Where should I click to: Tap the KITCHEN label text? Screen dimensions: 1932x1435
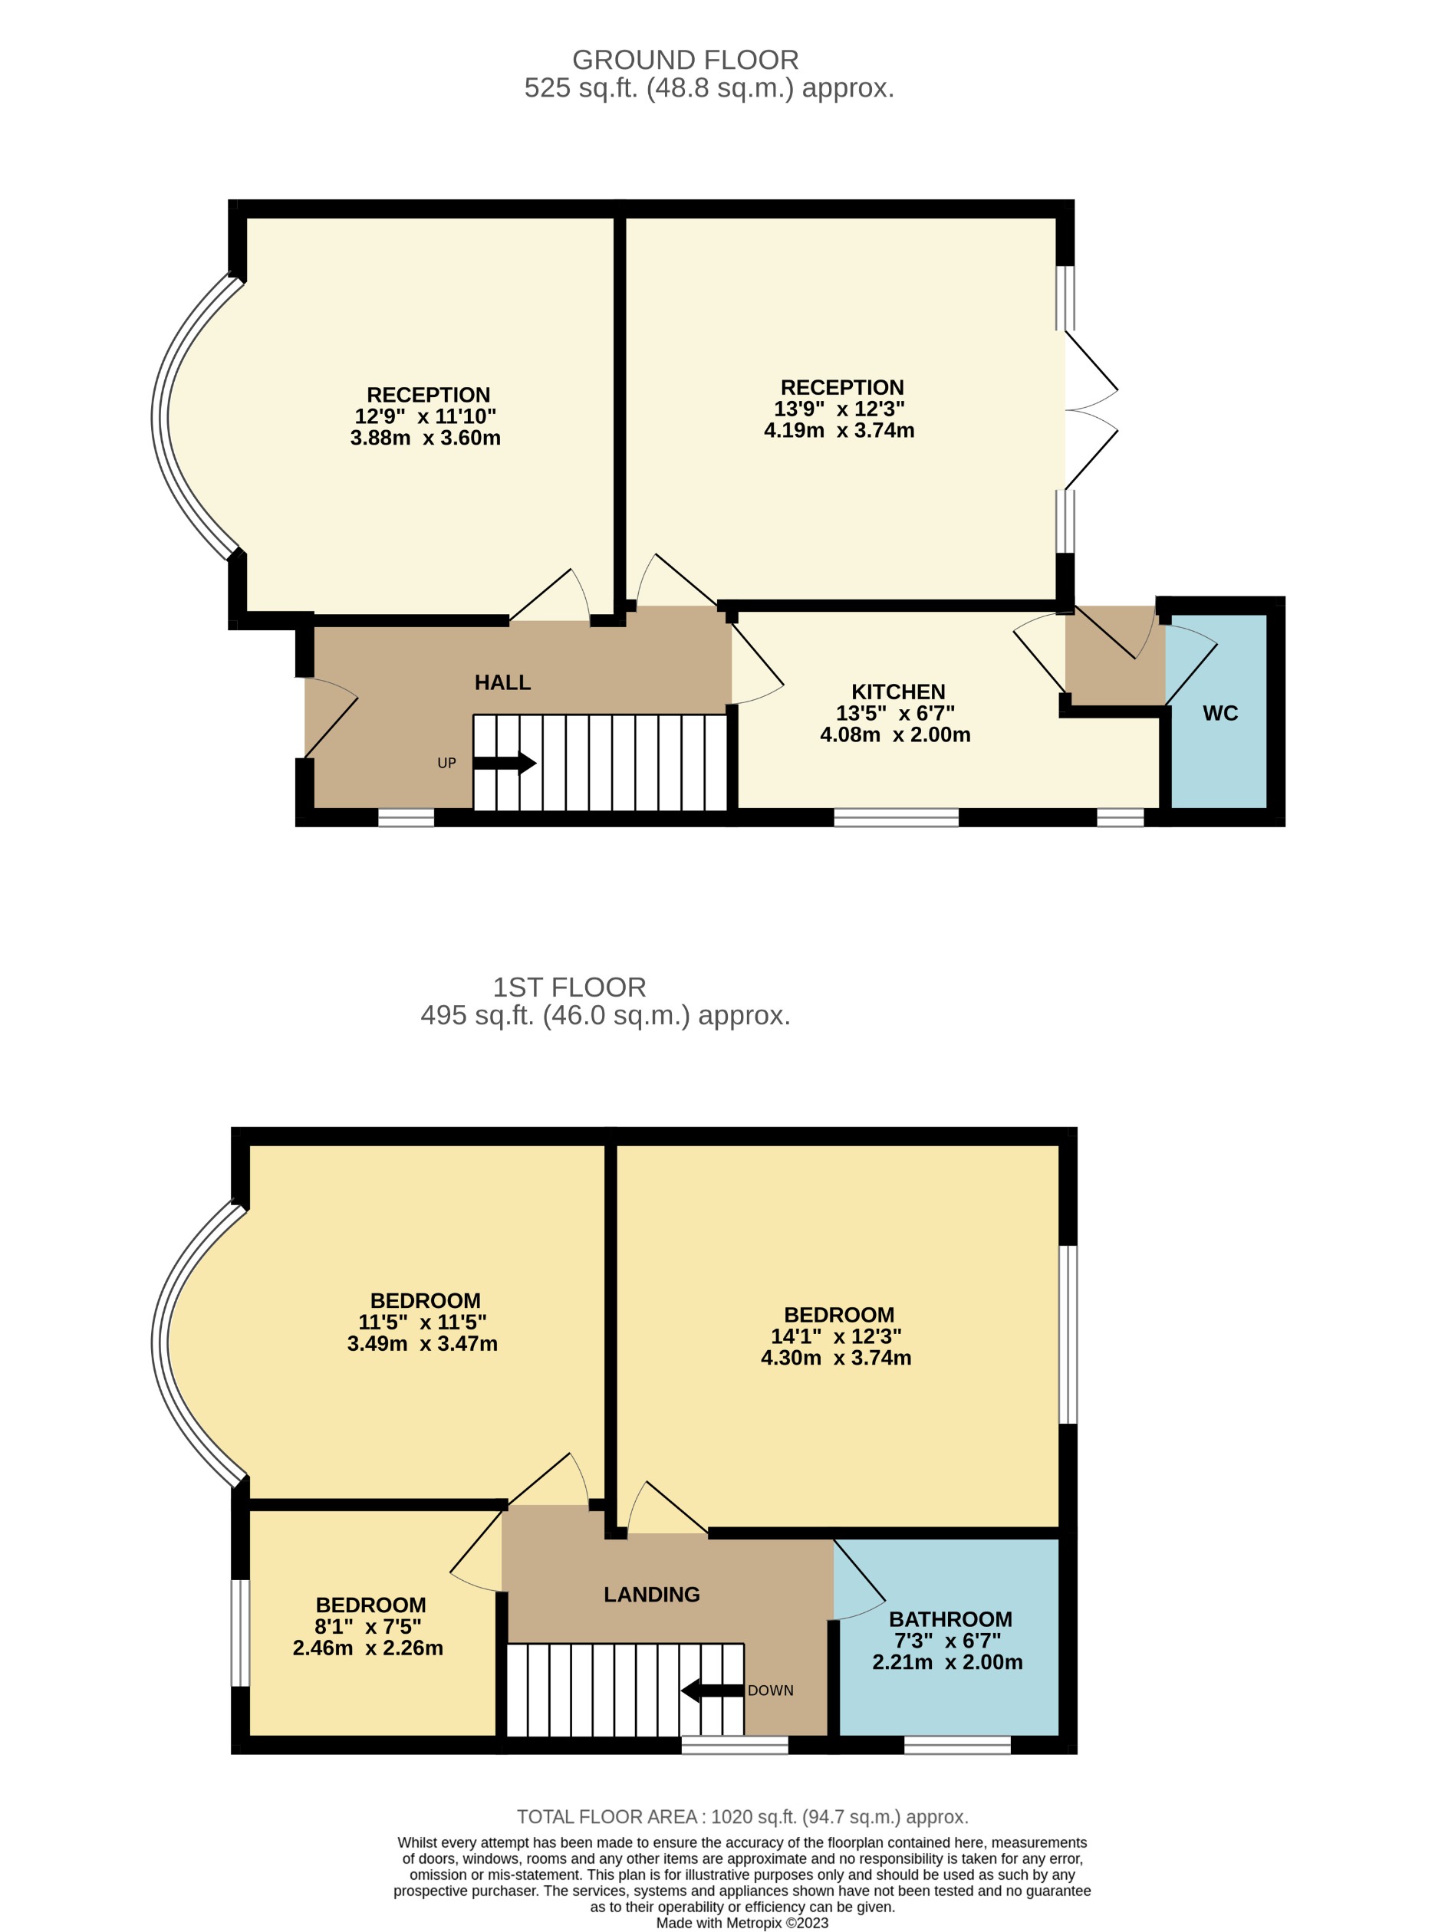point(897,692)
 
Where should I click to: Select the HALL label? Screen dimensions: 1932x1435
point(502,682)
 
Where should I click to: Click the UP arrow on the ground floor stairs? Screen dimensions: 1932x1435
point(504,764)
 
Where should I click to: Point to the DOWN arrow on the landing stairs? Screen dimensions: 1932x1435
point(712,1691)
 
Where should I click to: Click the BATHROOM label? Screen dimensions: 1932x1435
point(950,1619)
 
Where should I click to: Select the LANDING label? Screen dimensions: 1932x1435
point(651,1594)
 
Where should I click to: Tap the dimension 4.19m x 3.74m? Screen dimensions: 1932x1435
point(838,431)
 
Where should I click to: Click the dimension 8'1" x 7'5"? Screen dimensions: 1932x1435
point(367,1626)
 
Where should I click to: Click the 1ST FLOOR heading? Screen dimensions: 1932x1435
point(569,987)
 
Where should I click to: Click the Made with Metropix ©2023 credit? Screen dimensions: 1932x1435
point(742,1924)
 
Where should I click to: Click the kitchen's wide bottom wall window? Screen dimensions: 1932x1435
point(896,817)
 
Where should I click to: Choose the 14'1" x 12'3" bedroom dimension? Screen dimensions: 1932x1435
point(836,1336)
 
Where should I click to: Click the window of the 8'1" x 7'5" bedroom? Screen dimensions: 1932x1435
point(240,1632)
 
